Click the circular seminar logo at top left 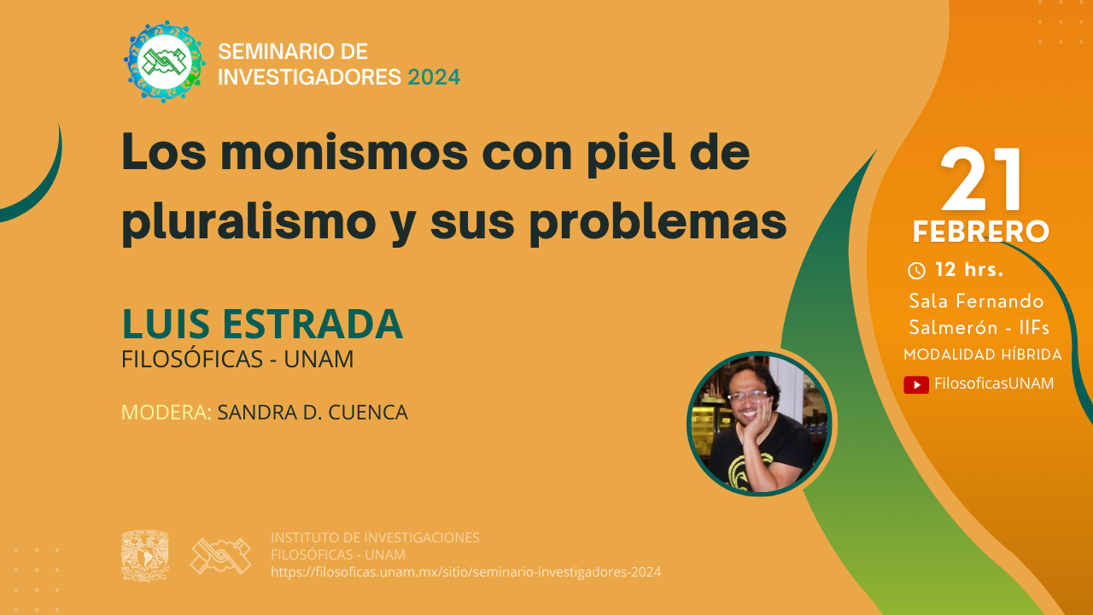pyautogui.click(x=165, y=61)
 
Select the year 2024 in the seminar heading pyautogui.click(x=434, y=77)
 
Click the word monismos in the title pyautogui.click(x=344, y=153)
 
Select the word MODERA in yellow pyautogui.click(x=166, y=412)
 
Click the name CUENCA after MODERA pyautogui.click(x=368, y=412)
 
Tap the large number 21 pyautogui.click(x=980, y=179)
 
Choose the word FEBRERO pyautogui.click(x=981, y=231)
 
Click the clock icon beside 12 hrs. pyautogui.click(x=916, y=271)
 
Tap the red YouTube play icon pyautogui.click(x=916, y=384)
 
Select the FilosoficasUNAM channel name pyautogui.click(x=994, y=384)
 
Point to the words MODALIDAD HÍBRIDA pyautogui.click(x=983, y=354)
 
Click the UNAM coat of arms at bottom pyautogui.click(x=145, y=556)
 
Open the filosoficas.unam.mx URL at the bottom pyautogui.click(x=466, y=572)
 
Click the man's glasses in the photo pyautogui.click(x=747, y=396)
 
